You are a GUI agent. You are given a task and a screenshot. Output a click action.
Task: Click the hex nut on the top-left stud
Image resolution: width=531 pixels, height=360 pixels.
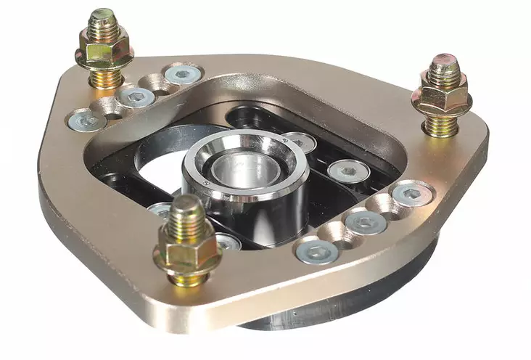tap(104, 50)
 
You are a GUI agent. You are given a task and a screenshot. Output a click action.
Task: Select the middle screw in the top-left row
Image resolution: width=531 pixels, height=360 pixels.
tap(136, 97)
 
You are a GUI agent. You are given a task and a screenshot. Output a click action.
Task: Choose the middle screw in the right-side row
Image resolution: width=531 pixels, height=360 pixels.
tap(366, 222)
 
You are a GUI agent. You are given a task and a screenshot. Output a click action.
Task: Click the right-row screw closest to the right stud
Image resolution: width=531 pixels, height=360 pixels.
tap(411, 193)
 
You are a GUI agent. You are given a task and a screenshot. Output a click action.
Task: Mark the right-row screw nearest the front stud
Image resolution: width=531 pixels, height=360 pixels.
tap(317, 251)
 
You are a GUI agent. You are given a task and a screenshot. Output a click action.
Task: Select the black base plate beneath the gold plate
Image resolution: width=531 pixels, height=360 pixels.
tap(348, 305)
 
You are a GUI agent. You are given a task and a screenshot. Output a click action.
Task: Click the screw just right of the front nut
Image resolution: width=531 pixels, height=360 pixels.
tap(228, 242)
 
